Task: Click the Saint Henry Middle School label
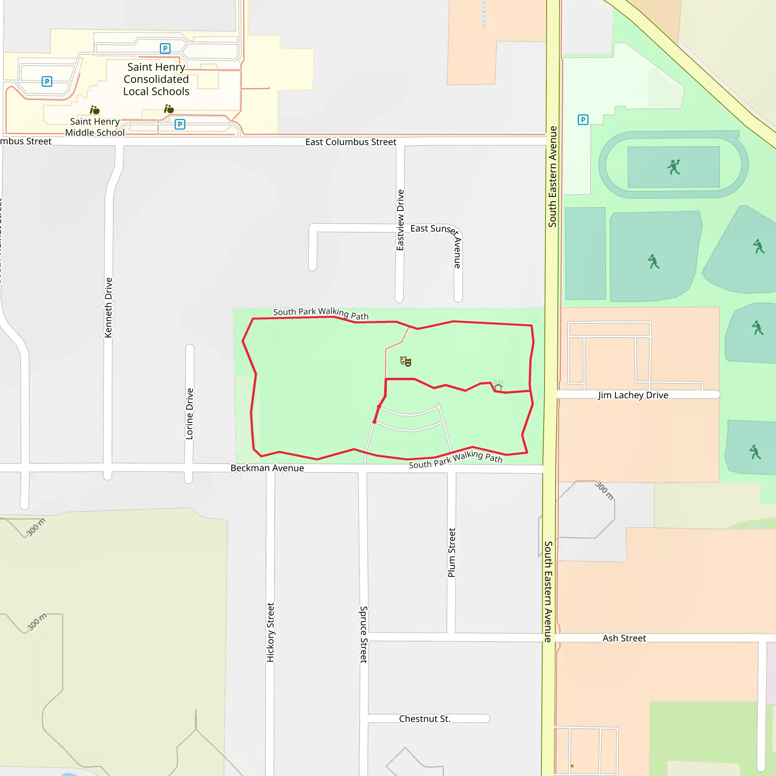(95, 127)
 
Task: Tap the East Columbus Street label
(350, 142)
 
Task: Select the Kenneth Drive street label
(108, 308)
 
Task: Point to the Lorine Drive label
(189, 414)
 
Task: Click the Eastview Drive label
(400, 220)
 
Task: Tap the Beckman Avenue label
(267, 468)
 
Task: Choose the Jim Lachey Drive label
(633, 395)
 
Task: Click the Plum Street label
(452, 553)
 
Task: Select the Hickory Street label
(270, 632)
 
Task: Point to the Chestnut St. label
(424, 719)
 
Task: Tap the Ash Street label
(624, 638)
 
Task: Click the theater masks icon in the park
(406, 361)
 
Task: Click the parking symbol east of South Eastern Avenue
(583, 120)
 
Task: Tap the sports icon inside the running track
(674, 167)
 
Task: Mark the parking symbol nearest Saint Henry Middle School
(180, 124)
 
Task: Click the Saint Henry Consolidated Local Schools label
(156, 79)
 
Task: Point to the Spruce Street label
(363, 635)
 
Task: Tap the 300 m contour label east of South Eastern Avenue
(604, 490)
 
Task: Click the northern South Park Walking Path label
(321, 313)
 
